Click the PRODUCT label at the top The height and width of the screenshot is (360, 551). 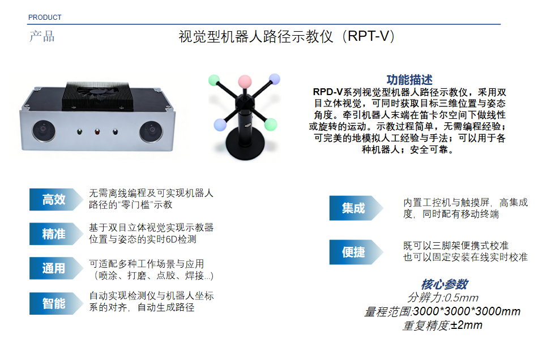[x=45, y=17]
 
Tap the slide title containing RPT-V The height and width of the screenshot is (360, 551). [x=287, y=36]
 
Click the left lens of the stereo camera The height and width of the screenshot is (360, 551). [x=44, y=130]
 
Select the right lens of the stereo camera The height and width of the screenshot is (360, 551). [x=151, y=131]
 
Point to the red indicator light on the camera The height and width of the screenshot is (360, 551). [x=97, y=132]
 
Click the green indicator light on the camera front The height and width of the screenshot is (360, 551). [x=79, y=132]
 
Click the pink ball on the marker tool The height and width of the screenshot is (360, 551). [x=245, y=82]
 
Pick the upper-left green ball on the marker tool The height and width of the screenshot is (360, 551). [x=214, y=80]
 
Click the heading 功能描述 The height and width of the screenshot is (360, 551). [x=409, y=80]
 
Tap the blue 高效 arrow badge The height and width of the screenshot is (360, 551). [x=56, y=199]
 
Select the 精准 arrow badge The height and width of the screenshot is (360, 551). [x=56, y=234]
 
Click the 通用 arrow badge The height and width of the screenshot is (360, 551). [x=56, y=268]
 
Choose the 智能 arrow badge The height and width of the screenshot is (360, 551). [x=56, y=303]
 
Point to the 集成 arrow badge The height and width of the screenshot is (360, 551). [x=356, y=208]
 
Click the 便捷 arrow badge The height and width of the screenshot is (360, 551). [x=356, y=252]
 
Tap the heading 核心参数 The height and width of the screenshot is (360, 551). [x=445, y=284]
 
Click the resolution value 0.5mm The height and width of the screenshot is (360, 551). [x=461, y=298]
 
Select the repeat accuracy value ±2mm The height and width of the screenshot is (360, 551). [x=466, y=325]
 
